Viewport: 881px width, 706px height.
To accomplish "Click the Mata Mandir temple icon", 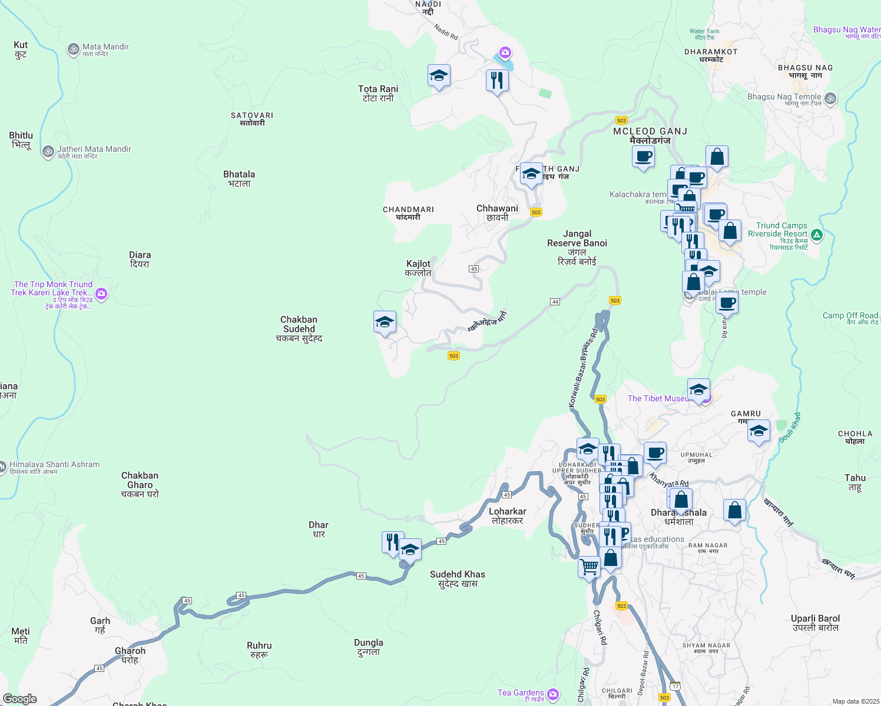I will point(74,49).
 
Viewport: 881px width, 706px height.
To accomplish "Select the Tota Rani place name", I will point(378,94).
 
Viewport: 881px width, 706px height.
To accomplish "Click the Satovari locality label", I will point(252,119).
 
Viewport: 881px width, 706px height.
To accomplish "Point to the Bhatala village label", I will point(239,179).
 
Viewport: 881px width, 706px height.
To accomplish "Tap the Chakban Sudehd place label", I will point(299,329).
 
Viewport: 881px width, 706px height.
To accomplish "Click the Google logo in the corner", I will point(20,699).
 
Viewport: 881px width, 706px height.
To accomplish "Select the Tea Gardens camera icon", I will point(553,694).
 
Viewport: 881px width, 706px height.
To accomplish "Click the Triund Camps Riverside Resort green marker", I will point(817,235).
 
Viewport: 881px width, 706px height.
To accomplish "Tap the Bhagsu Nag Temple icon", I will point(830,98).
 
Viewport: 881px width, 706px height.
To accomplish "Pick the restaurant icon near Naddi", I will point(497,79).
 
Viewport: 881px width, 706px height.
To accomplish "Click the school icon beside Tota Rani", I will point(439,76).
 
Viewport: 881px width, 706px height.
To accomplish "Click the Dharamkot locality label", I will point(711,55).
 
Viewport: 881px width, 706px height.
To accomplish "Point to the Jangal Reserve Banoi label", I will point(577,247).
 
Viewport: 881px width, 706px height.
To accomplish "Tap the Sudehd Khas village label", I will point(458,579).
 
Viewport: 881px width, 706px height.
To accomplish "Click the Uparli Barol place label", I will point(815,623).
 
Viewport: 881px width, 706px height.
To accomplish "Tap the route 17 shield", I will point(675,687).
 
